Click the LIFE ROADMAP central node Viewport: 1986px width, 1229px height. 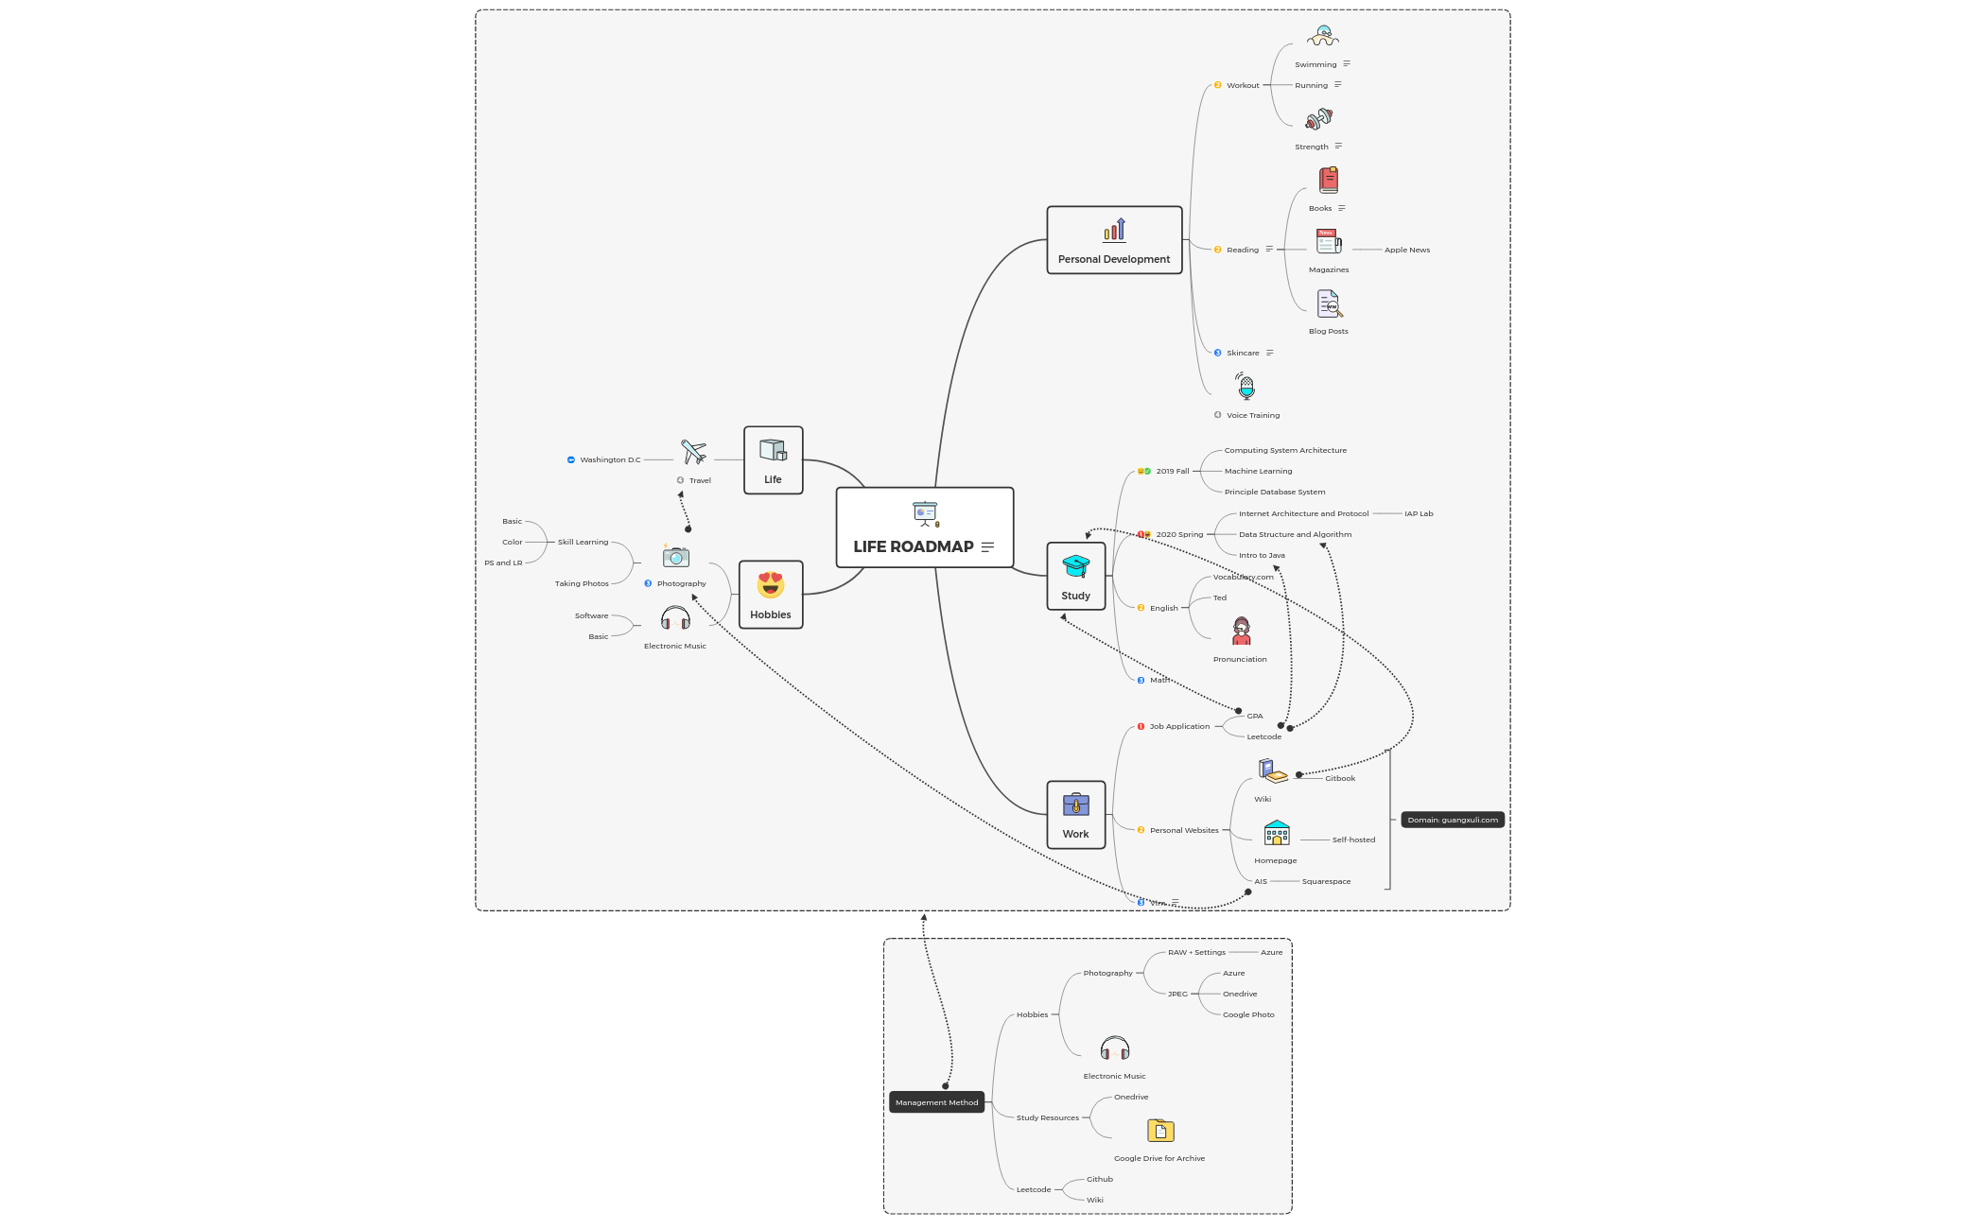pyautogui.click(x=924, y=528)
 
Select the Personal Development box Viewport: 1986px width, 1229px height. pyautogui.click(x=1114, y=240)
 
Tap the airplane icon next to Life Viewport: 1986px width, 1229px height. pyautogui.click(x=693, y=452)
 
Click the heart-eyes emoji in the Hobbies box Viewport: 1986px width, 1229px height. pyautogui.click(x=771, y=584)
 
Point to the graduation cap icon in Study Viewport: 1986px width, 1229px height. pyautogui.click(x=1075, y=566)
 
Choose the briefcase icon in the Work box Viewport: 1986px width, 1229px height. pyautogui.click(x=1075, y=805)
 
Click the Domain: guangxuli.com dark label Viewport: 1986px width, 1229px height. pyautogui.click(x=1452, y=820)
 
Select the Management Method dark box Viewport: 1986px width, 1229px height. pyautogui.click(x=936, y=1102)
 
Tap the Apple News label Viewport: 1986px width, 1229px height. pyautogui.click(x=1406, y=250)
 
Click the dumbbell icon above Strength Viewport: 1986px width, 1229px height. pyautogui.click(x=1318, y=119)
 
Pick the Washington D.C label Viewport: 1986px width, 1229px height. pyautogui.click(x=610, y=459)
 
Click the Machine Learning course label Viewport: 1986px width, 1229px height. pyautogui.click(x=1258, y=471)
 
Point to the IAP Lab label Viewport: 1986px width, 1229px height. pyautogui.click(x=1418, y=513)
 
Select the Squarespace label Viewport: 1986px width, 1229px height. pyautogui.click(x=1326, y=881)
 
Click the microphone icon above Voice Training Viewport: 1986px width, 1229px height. pyautogui.click(x=1246, y=386)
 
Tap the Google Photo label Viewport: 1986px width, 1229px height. pyautogui.click(x=1248, y=1014)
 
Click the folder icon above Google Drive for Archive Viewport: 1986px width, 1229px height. pyautogui.click(x=1160, y=1131)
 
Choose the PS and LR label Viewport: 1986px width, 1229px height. pyautogui.click(x=503, y=563)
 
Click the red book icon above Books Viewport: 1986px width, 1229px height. pyautogui.click(x=1328, y=180)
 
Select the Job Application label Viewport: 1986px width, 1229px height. pyautogui.click(x=1179, y=726)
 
